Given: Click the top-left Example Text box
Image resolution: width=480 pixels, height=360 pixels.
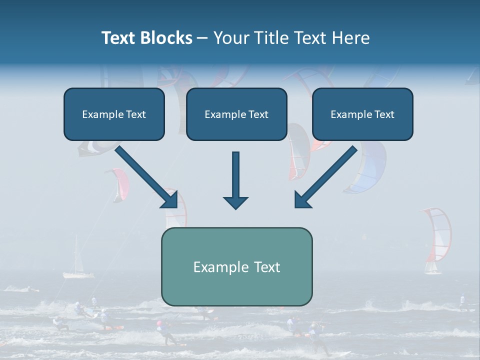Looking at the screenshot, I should [114, 114].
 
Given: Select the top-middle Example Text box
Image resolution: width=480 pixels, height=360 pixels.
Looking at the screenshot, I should [236, 114].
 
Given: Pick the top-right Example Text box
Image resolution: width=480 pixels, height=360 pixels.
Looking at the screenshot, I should [362, 114].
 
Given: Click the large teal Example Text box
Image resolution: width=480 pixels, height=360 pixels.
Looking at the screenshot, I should [236, 266].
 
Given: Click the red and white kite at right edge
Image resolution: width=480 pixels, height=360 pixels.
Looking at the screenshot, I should [438, 235].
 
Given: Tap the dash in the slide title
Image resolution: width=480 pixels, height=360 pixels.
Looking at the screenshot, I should [203, 38].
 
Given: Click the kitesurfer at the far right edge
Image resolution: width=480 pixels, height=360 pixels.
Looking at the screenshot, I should [463, 301].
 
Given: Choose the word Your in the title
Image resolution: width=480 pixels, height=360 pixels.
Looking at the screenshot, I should [230, 38].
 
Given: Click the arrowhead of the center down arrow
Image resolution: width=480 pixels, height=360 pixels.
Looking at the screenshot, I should [235, 202].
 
